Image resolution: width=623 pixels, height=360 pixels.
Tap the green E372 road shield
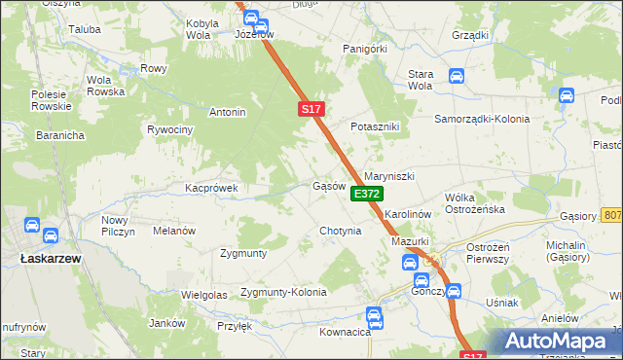[x=366, y=195]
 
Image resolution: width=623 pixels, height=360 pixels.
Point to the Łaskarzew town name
[x=49, y=259]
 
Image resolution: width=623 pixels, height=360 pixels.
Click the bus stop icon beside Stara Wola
[x=456, y=75]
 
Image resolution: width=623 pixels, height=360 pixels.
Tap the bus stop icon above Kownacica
[x=374, y=314]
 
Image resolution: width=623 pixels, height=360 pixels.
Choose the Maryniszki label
[x=389, y=176]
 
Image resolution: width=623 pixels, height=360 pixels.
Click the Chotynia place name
[x=341, y=232]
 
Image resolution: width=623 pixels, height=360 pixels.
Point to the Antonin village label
[x=227, y=112]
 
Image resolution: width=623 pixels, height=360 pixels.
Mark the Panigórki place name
[x=365, y=48]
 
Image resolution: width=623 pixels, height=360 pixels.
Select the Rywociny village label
[x=169, y=129]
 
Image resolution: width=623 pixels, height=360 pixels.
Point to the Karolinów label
[x=407, y=212]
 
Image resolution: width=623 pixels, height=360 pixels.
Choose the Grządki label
[x=470, y=35]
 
